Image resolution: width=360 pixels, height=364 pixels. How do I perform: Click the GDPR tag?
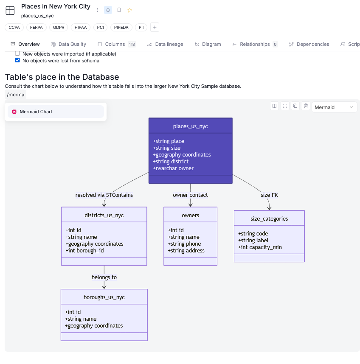(x=59, y=28)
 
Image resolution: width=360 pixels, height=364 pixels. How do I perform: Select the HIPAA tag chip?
(x=81, y=28)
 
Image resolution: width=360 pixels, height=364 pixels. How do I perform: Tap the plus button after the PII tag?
(x=155, y=28)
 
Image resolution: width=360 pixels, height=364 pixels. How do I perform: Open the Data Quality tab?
(x=68, y=44)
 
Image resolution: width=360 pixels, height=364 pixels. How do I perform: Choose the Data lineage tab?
(x=165, y=44)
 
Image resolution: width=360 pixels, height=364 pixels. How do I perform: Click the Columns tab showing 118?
(x=117, y=44)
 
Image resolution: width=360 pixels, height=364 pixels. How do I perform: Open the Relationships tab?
(x=255, y=44)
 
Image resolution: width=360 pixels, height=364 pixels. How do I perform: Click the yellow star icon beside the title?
(x=129, y=10)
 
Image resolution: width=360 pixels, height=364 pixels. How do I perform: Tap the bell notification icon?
(x=108, y=10)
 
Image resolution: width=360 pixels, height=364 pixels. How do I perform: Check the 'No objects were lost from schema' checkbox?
(x=17, y=60)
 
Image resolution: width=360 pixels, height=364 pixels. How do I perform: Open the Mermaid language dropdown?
(x=334, y=107)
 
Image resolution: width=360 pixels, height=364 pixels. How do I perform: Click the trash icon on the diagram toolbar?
(x=306, y=106)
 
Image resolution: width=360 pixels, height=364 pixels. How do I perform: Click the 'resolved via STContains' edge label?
(x=104, y=195)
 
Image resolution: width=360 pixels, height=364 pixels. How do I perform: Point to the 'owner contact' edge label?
(x=191, y=195)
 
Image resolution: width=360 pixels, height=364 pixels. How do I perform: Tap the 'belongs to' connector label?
(x=104, y=277)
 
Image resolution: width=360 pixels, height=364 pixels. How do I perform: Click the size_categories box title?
(x=269, y=218)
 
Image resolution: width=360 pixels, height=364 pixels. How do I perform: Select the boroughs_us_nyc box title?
(x=104, y=297)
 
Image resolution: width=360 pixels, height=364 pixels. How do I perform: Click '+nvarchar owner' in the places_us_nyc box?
(x=173, y=168)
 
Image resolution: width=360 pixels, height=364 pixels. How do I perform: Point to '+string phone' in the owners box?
(x=184, y=244)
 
